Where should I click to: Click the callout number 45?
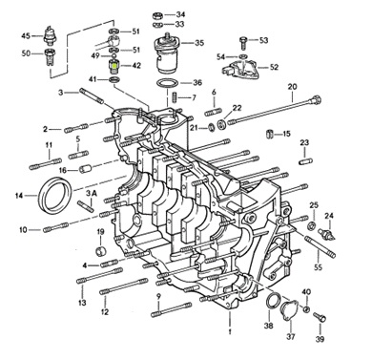pyautogui.click(x=26, y=35)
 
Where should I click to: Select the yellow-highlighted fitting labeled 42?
pyautogui.click(x=114, y=66)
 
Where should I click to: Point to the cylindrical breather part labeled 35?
pyautogui.click(x=165, y=54)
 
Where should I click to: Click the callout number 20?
pyautogui.click(x=292, y=87)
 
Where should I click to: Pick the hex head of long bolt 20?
pyautogui.click(x=317, y=98)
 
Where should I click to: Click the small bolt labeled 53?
pyautogui.click(x=243, y=43)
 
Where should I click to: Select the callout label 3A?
pyautogui.click(x=92, y=193)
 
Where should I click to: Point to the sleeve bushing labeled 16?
pyautogui.click(x=86, y=169)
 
